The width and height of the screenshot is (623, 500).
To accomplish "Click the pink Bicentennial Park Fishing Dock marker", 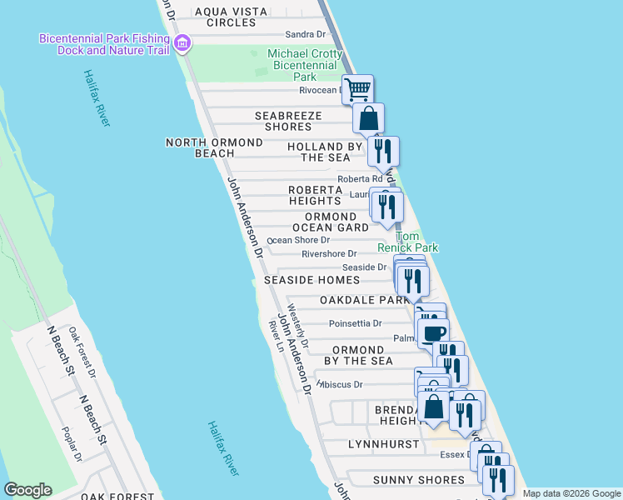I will click(183, 43).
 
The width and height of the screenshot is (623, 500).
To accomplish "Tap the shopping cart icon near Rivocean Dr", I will click(357, 87).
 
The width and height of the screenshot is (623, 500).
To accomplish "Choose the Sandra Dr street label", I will click(305, 34).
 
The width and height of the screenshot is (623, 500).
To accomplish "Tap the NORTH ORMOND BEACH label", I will click(214, 147).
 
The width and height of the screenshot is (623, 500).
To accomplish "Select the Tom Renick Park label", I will click(407, 242).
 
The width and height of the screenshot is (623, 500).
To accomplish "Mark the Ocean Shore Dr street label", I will click(298, 240).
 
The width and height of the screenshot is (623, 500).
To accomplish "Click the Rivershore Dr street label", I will click(329, 253).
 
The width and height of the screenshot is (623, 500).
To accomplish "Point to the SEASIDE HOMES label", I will click(311, 280).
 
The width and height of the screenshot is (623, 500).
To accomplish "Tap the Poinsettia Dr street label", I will click(355, 323).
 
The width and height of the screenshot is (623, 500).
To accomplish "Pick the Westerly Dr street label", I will click(298, 326).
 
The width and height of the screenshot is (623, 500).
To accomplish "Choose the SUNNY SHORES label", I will click(418, 480).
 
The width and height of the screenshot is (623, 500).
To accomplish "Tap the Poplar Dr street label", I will click(72, 443).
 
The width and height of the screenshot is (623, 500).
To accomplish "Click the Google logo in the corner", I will click(27, 490).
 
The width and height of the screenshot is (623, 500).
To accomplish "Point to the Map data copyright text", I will click(571, 493).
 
